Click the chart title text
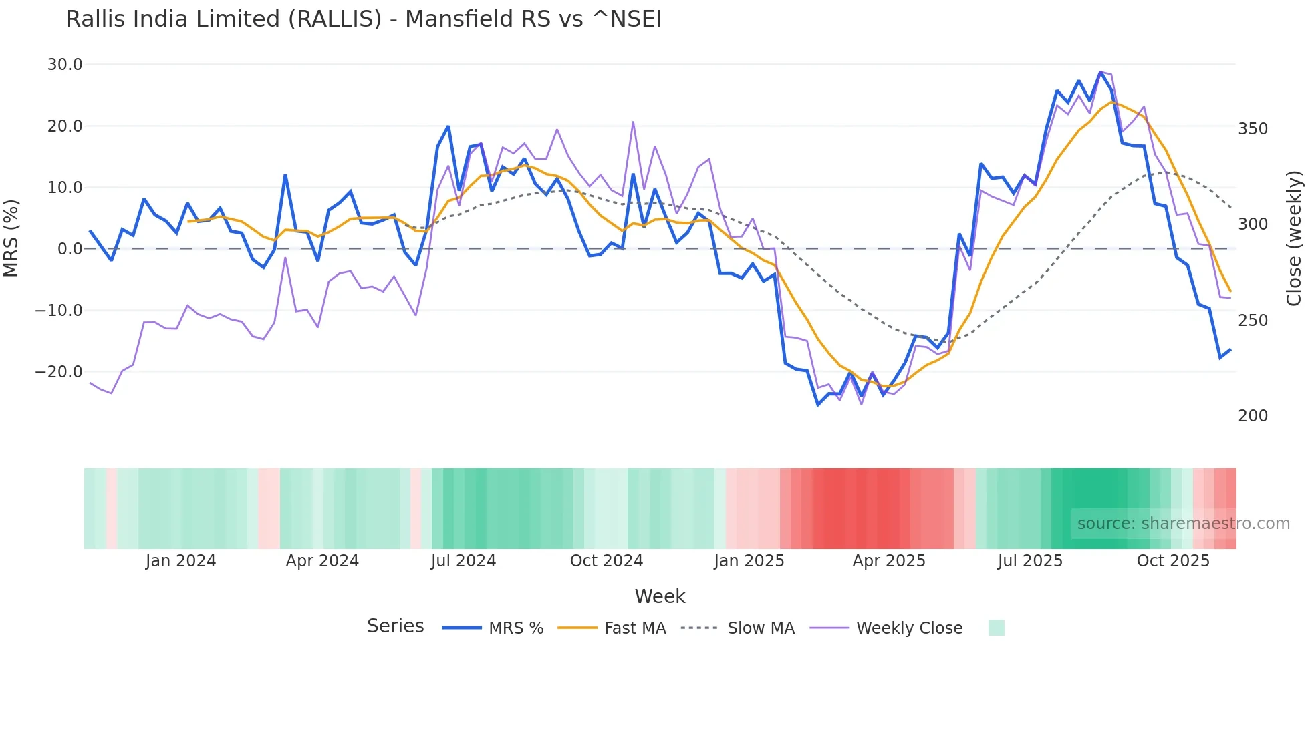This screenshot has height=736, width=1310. [364, 19]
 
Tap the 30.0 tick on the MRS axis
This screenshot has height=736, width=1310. [65, 65]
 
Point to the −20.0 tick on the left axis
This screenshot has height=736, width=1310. [59, 372]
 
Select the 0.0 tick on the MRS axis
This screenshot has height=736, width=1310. [70, 249]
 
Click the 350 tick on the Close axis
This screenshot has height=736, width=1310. [1253, 129]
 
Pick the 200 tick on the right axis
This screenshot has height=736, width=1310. [1253, 416]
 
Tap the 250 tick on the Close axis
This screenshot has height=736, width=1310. [1253, 321]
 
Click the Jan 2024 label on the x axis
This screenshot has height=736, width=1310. [180, 561]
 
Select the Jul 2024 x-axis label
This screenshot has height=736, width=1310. [463, 561]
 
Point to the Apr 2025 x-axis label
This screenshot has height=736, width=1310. [889, 561]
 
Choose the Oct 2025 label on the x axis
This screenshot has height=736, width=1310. [1173, 561]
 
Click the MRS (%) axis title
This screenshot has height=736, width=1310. [11, 238]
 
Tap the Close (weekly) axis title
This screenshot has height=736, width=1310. [1294, 238]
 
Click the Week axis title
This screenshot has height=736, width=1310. [660, 596]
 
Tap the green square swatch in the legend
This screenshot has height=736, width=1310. [996, 628]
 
